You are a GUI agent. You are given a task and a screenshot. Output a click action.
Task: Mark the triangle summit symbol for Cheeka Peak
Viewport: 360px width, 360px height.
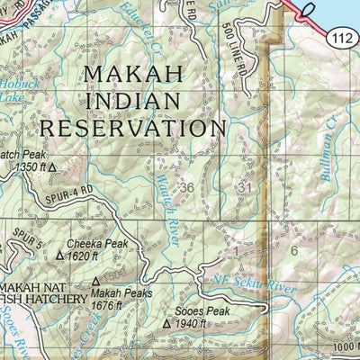pos(60,255)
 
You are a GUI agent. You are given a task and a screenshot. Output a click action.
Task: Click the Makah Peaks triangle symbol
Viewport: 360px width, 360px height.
pos(96,282)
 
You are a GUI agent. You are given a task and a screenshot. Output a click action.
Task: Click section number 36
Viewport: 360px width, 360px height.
pos(186,187)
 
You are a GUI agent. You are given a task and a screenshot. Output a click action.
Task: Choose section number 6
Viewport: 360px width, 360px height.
pos(293,250)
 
